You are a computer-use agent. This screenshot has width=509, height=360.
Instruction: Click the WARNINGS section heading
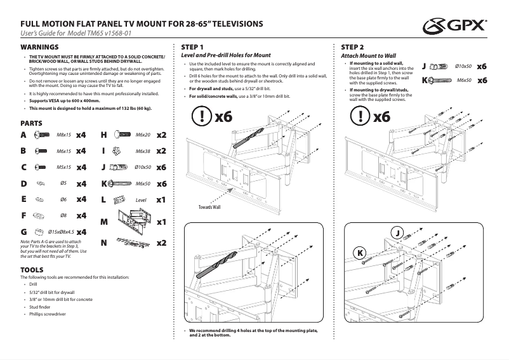[x=39, y=48]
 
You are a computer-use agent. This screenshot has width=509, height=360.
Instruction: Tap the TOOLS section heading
[x=32, y=270]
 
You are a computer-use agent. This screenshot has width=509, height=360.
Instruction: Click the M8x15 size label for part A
[x=64, y=135]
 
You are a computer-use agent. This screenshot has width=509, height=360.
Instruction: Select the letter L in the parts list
[x=103, y=199]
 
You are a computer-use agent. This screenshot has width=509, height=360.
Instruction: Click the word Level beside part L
[x=141, y=200]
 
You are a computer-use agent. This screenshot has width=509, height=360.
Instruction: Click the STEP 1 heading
[x=192, y=48]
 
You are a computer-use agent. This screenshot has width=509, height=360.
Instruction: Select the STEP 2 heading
[x=352, y=48]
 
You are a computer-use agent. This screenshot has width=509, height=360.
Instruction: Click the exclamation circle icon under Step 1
[x=201, y=116]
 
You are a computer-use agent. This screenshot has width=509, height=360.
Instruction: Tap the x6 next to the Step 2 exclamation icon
[x=381, y=116]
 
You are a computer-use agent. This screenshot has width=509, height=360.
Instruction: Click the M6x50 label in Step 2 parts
[x=464, y=81]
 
